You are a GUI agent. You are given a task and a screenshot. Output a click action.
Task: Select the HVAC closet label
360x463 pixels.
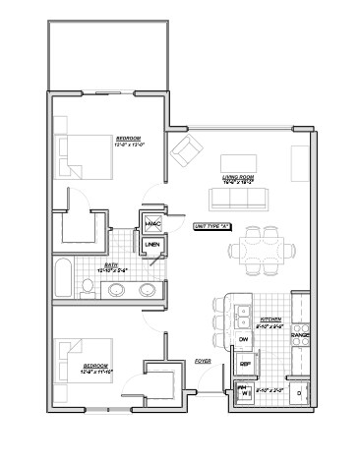(152, 224)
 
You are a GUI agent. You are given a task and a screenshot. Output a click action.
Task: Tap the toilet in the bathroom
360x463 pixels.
(89, 287)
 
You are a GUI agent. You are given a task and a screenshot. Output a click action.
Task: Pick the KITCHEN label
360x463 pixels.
(270, 320)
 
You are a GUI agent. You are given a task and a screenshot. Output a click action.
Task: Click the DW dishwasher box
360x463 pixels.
(243, 339)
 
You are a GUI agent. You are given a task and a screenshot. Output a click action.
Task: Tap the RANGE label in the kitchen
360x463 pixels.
(300, 336)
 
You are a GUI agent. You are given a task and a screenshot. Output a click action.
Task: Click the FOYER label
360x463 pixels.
(204, 361)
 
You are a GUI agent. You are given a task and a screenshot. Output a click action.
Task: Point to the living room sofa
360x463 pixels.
(234, 200)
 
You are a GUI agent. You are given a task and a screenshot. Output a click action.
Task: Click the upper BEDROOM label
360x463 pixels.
(130, 139)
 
